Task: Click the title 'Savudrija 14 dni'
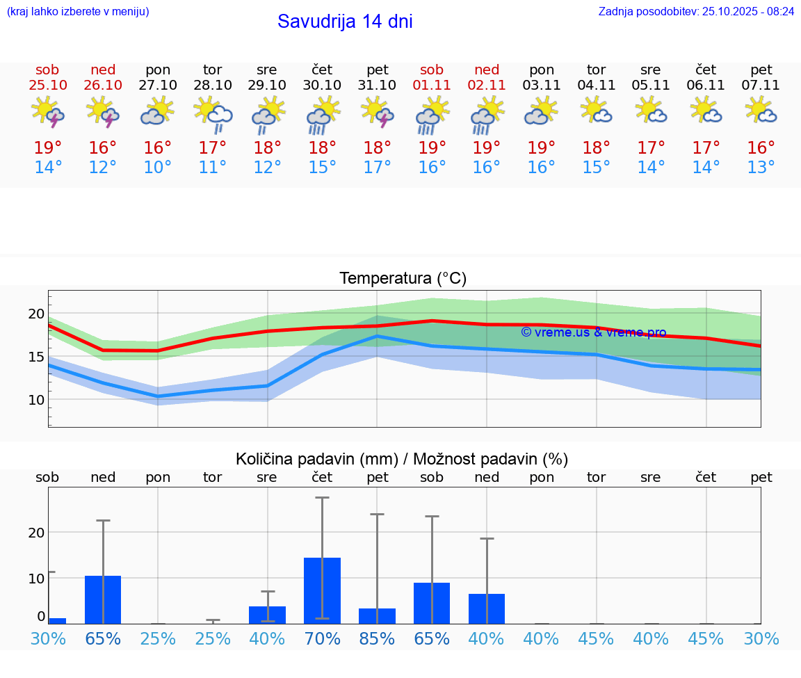pos(345,22)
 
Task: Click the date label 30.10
pos(322,86)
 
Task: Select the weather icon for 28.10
pos(213,115)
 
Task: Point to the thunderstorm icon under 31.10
pos(377,112)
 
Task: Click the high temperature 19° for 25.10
pos(47,148)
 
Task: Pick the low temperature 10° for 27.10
pos(158,168)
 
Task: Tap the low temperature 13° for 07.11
pos(761,168)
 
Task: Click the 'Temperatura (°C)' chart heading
pos(403,279)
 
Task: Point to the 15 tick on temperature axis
pos(36,357)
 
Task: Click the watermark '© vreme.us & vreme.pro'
pos(594,332)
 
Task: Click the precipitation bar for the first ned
pos(103,599)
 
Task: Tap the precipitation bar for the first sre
pos(267,615)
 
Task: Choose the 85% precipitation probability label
pos(377,638)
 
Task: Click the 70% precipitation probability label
pos(322,638)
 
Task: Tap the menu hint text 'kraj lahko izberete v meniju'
pos(78,11)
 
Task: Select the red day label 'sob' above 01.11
pos(431,70)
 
